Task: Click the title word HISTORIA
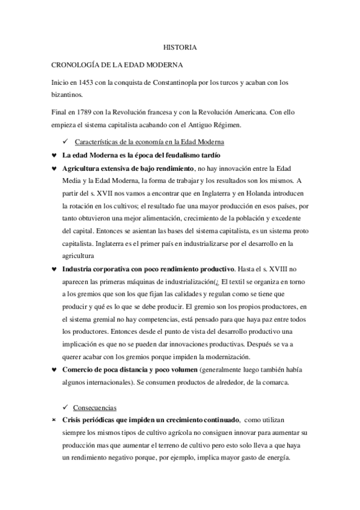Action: coord(180,46)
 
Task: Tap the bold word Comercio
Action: coord(81,369)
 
